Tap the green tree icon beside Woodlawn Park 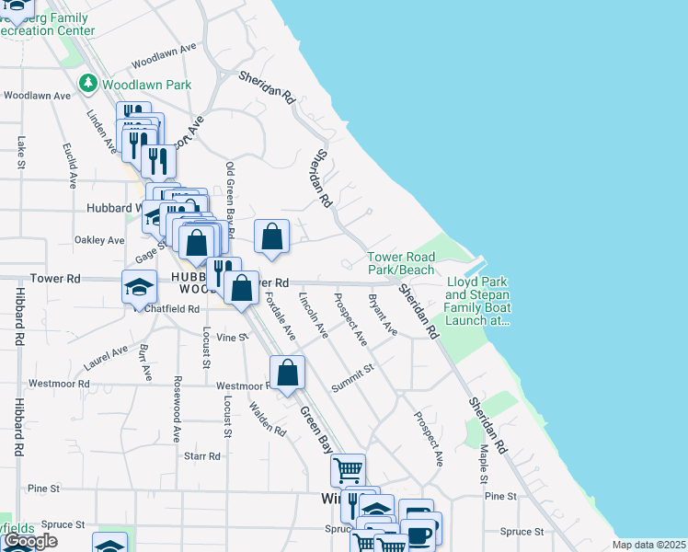89,84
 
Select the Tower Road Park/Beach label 401,263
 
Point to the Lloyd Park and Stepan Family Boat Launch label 477,302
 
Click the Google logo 30,541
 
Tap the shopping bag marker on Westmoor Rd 288,374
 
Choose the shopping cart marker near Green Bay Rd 349,470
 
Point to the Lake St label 20,153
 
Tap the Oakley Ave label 99,240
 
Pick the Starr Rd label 202,455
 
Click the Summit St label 353,378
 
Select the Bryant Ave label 382,314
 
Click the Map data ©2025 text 649,545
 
